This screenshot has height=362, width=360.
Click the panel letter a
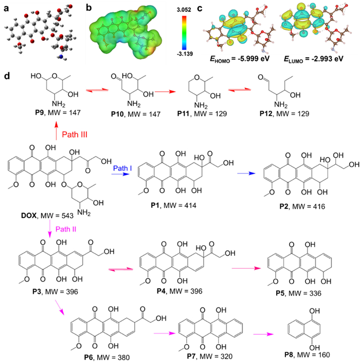[7, 8]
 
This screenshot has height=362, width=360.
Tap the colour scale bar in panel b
[184, 33]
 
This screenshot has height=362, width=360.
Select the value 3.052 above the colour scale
[183, 10]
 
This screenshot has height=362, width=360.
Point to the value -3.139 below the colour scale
[185, 54]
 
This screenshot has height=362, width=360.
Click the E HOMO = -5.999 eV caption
[239, 59]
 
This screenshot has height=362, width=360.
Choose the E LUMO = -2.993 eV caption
[314, 59]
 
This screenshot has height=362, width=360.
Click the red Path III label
[75, 134]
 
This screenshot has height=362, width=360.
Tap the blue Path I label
[122, 168]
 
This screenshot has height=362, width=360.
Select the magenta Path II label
[66, 229]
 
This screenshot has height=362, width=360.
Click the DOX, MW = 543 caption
[47, 216]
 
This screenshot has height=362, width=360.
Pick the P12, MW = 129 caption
[284, 114]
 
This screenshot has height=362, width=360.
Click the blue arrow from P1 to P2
[246, 173]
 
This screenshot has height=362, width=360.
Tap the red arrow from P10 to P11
[165, 92]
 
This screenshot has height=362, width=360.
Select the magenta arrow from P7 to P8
[263, 334]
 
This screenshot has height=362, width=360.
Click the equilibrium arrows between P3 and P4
[121, 269]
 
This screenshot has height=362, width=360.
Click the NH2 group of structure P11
[201, 106]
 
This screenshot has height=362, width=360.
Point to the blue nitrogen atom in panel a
[61, 57]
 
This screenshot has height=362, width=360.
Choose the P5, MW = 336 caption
[299, 293]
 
